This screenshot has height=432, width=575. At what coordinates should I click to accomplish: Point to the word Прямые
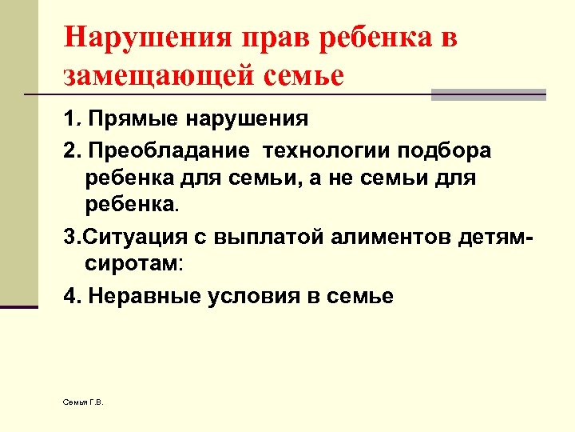tap(133, 120)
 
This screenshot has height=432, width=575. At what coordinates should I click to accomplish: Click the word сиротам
tap(131, 262)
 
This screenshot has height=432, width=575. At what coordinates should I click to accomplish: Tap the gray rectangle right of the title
tap(488, 94)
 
